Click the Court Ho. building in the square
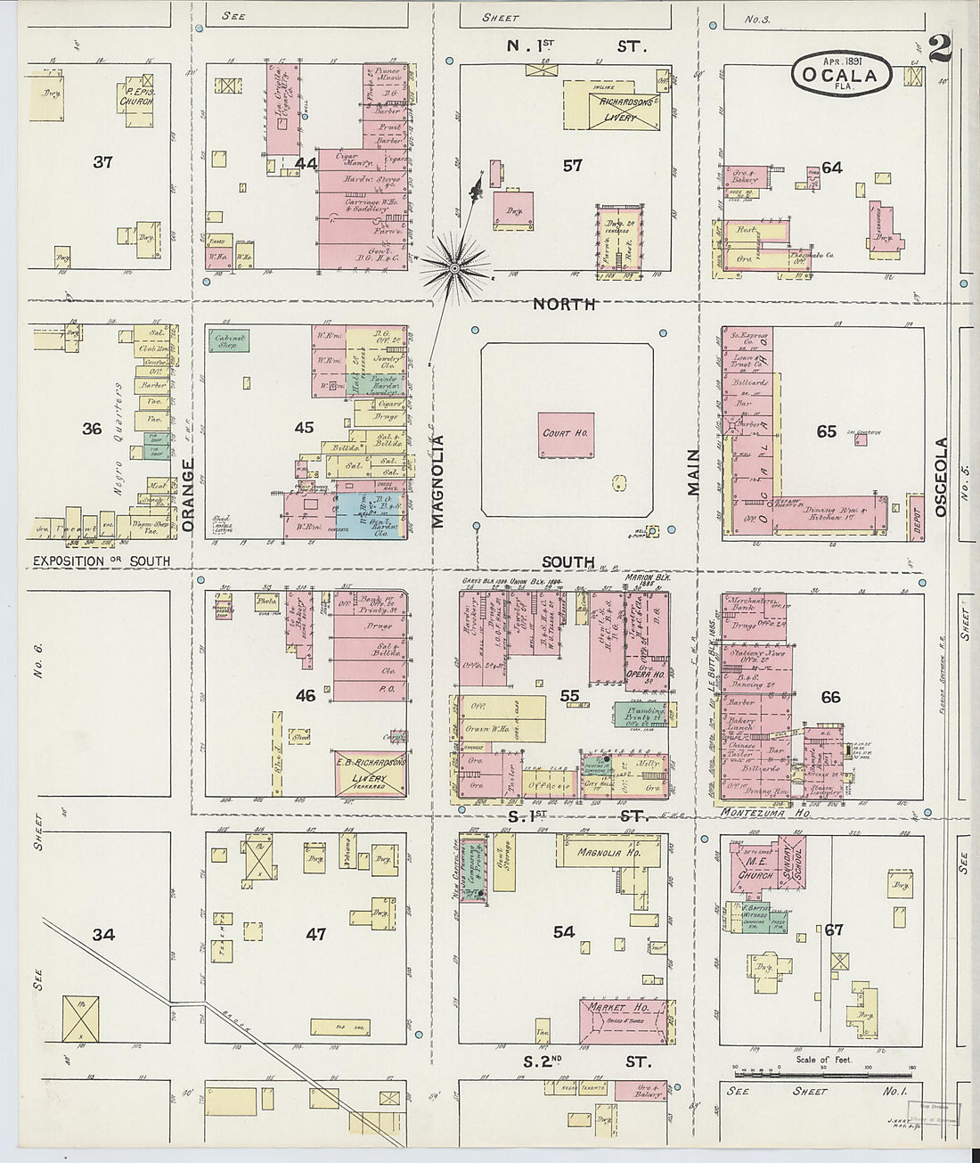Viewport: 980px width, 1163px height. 566,435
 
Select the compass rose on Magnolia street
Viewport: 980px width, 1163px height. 454,266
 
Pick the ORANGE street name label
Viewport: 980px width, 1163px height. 187,496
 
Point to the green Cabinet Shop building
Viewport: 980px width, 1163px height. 229,340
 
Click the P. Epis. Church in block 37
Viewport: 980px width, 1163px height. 136,96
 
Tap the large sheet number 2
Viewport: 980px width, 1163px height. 939,50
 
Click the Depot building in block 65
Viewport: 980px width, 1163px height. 915,518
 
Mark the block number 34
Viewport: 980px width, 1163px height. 103,934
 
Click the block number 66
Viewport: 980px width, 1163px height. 830,697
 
